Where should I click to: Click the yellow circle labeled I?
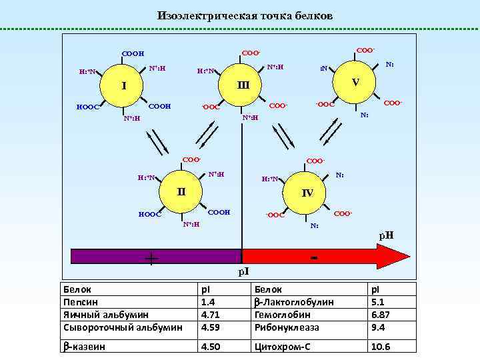(x=123, y=85)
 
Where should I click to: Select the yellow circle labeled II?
(x=179, y=192)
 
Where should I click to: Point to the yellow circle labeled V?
(x=356, y=82)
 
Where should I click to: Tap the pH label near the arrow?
(x=386, y=235)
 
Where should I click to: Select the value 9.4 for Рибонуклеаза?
(x=379, y=327)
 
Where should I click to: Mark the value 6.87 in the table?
(x=381, y=315)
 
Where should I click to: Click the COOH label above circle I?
(x=133, y=53)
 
